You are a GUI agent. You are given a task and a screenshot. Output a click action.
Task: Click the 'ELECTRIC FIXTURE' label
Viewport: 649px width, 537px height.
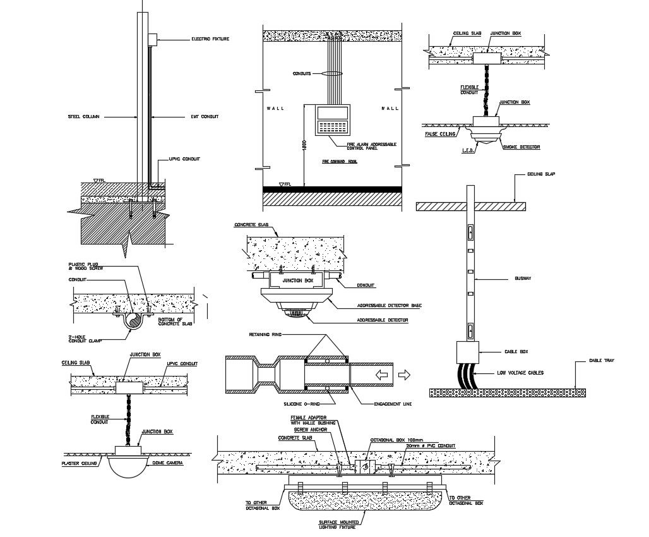tap(210, 39)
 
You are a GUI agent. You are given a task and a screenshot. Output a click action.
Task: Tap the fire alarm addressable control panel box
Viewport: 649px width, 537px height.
tap(332, 120)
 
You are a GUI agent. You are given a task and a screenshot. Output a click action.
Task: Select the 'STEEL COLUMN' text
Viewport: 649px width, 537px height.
tap(84, 116)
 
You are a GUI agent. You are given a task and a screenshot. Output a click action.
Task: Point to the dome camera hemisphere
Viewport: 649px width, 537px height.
tap(128, 466)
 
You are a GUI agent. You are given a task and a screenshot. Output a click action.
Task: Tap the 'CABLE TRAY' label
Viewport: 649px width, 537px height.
tap(602, 361)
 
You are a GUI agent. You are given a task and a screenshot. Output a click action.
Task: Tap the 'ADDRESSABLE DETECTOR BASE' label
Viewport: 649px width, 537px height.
tap(389, 305)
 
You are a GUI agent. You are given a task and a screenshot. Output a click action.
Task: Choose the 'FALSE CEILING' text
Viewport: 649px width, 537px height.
tap(440, 134)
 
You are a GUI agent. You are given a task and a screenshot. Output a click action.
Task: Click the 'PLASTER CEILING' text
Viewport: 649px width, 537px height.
tap(79, 464)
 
